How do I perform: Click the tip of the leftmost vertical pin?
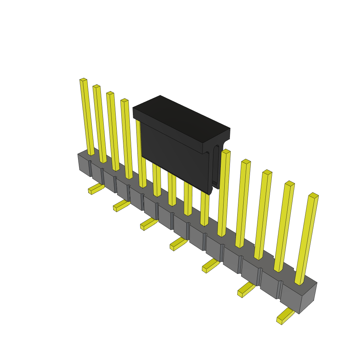click(83, 80)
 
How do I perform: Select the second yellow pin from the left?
click(99, 123)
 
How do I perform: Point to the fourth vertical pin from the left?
click(127, 139)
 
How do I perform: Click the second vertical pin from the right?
click(284, 227)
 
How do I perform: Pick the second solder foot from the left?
click(121, 205)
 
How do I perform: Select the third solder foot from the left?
click(148, 224)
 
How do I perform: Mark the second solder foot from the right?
click(246, 290)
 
